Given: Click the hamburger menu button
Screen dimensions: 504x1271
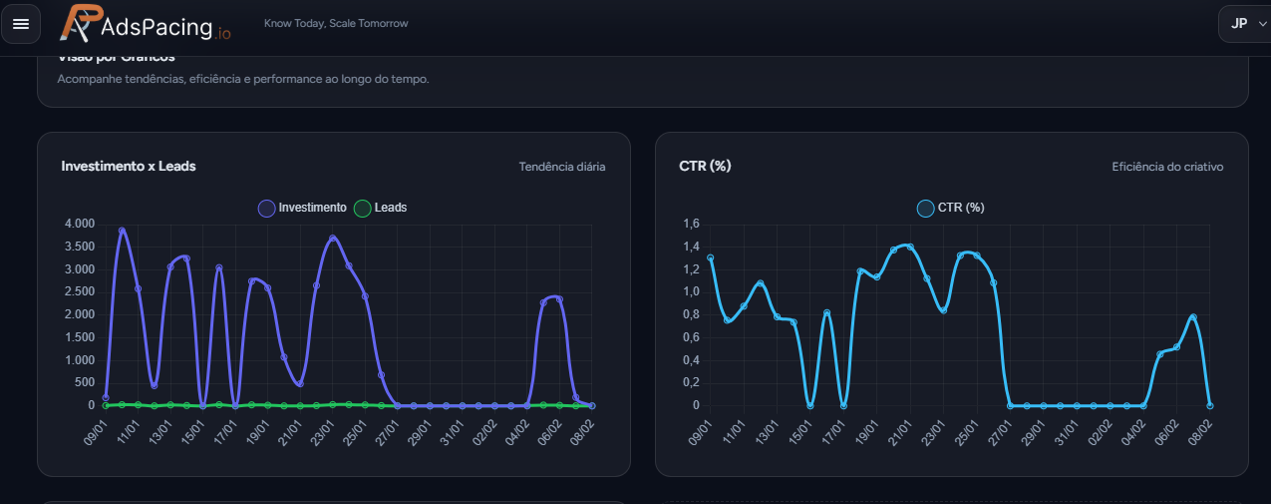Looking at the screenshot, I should click(21, 24).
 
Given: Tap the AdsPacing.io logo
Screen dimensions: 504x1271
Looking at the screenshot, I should click(146, 24).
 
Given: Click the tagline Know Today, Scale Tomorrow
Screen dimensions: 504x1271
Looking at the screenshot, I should click(336, 23).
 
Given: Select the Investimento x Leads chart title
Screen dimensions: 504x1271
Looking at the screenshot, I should click(129, 166).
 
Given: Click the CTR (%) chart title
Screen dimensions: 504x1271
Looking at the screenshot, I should click(705, 166).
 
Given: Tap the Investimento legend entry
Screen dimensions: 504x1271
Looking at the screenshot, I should click(303, 208).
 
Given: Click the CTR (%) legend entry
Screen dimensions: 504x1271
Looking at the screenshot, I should click(951, 208).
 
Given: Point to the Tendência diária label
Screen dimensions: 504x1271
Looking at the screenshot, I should click(561, 167).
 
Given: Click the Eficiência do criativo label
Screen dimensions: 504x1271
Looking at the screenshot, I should click(1167, 167).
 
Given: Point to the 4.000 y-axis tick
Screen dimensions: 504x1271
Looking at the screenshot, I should click(79, 224).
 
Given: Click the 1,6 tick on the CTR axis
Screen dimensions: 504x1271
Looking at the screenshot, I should click(692, 224).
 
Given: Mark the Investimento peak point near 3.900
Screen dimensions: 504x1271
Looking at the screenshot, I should click(122, 231).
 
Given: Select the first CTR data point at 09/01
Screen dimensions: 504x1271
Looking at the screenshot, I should click(711, 257).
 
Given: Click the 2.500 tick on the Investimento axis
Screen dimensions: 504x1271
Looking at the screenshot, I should click(79, 291).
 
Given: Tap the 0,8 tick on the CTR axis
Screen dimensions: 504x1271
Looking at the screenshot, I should click(692, 314).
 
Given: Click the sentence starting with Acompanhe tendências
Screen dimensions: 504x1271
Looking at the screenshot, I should click(243, 79).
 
